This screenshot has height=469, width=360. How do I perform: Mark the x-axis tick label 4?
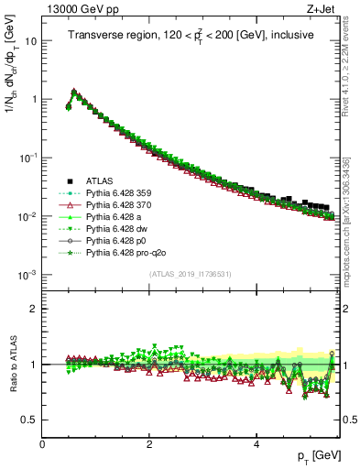click(x=257, y=444)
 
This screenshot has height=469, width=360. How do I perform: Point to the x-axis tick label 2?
click(x=150, y=444)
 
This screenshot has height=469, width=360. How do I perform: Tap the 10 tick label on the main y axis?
click(x=31, y=41)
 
